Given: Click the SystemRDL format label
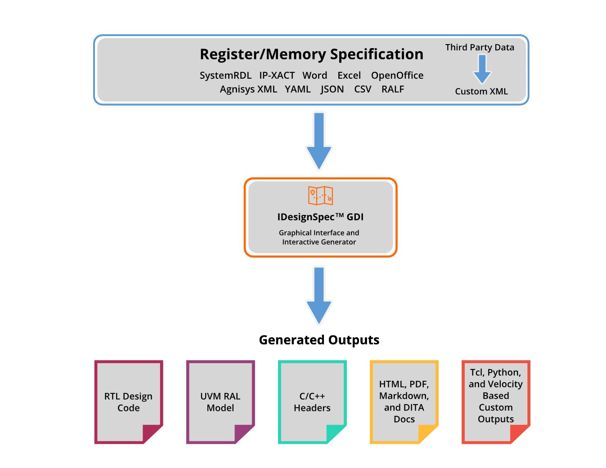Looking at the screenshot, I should pos(225,76).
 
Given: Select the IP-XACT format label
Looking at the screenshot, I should pos(277,76).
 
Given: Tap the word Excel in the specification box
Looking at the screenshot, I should pos(349,76).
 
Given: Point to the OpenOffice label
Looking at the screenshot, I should pos(397,76).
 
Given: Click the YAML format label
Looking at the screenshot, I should pos(297,89).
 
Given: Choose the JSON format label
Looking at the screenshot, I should pos(332,89).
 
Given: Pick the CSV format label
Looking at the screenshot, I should pos(363,89).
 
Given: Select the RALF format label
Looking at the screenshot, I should pos(393,89).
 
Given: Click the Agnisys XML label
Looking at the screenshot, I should pos(248,89).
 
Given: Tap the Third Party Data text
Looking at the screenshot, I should pos(480,48).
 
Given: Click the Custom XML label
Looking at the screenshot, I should pos(481,92).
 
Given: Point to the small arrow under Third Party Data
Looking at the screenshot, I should pos(482,69).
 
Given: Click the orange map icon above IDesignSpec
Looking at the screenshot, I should pos(320,196).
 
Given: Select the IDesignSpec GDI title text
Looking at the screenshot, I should pos(320,217).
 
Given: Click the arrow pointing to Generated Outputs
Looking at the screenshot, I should pos(319,295).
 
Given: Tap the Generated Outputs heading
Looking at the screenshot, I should pos(319,340).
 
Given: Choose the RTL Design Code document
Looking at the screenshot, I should pos(129,402).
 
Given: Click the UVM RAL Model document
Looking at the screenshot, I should pos(220,402).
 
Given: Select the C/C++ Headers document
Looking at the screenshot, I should pos(312,402).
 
